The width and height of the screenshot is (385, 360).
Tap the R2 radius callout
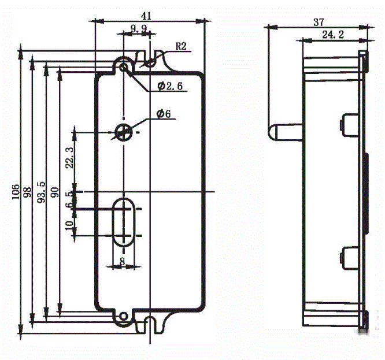click(x=181, y=47)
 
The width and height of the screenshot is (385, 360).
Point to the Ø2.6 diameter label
click(x=170, y=87)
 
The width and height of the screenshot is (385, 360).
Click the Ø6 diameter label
click(x=164, y=114)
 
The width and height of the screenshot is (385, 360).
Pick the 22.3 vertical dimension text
click(x=70, y=157)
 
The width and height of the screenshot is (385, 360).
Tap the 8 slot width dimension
click(x=122, y=261)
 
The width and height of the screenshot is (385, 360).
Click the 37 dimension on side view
click(x=318, y=23)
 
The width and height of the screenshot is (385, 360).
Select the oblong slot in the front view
click(x=123, y=222)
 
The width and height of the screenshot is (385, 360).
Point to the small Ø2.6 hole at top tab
click(x=124, y=66)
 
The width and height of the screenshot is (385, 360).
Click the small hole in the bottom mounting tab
click(x=123, y=316)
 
